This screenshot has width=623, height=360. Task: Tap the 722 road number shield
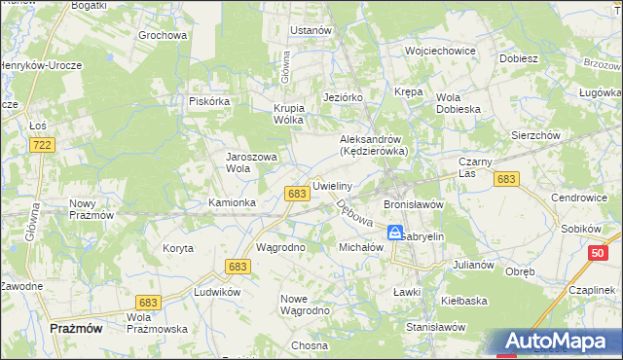[x=41, y=145]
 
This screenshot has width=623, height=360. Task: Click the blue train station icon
[x=395, y=233]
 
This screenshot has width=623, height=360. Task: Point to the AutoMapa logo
[x=560, y=342]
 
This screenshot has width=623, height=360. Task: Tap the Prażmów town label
[x=76, y=329]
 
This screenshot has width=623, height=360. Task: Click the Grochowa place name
[x=162, y=36]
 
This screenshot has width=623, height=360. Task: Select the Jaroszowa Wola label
[x=252, y=162]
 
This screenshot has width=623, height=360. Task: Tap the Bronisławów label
[x=414, y=205]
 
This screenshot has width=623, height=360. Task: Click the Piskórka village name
[x=208, y=100]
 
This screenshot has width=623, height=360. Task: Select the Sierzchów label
[x=534, y=136]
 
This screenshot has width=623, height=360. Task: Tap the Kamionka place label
[x=233, y=202]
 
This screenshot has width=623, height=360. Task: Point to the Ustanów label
[x=311, y=30]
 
